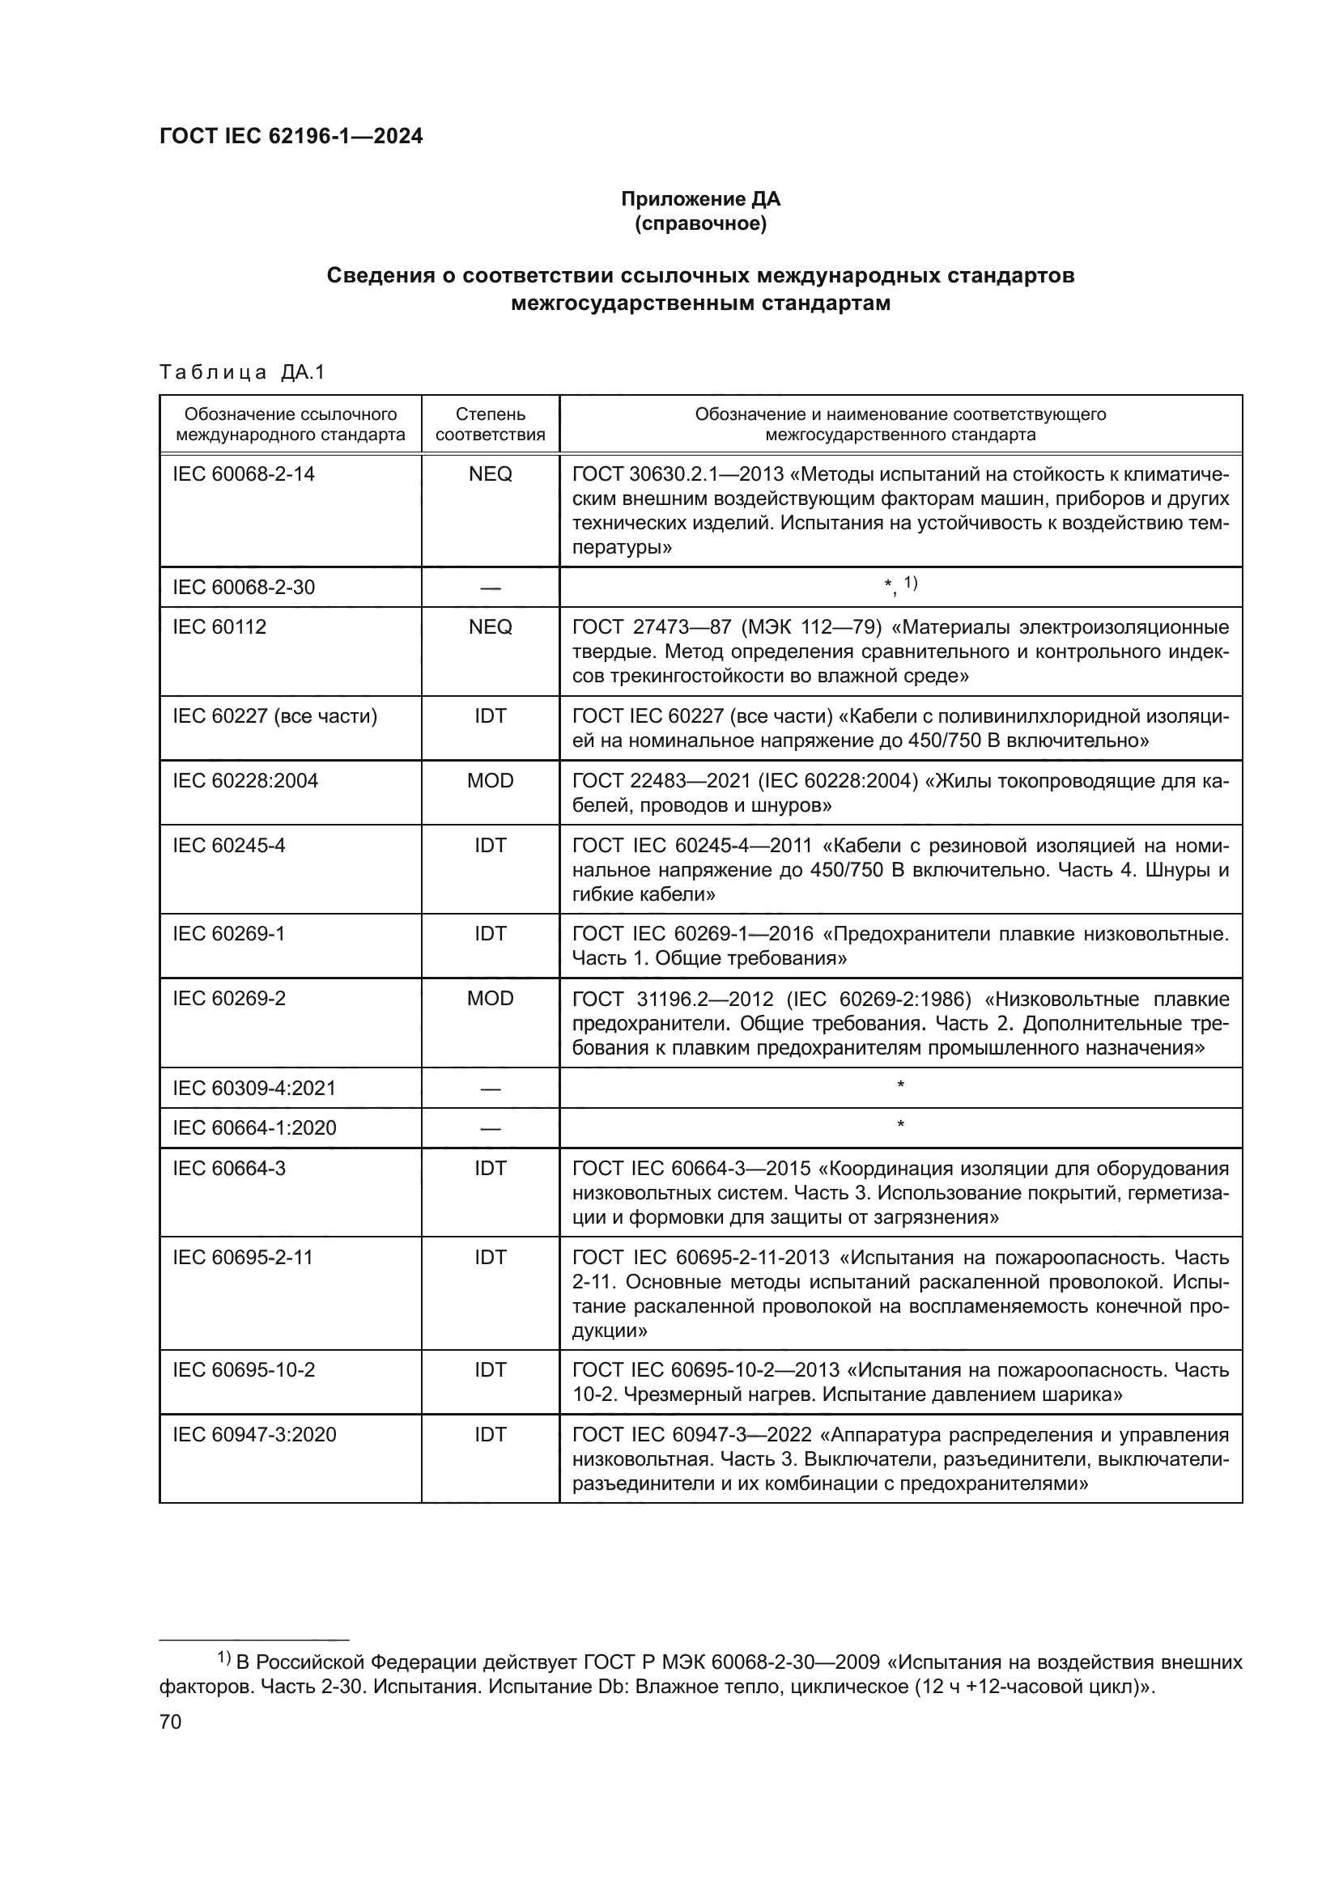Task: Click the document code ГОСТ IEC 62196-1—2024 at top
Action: coord(291,137)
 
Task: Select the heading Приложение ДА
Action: coord(700,199)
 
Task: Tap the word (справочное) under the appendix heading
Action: coord(700,223)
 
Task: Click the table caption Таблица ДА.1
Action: coord(242,372)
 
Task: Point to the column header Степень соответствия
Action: coord(490,424)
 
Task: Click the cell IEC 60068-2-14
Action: coord(243,474)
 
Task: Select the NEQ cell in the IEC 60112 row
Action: coord(490,626)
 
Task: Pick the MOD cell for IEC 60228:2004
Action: coord(490,780)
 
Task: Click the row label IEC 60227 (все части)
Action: coord(274,715)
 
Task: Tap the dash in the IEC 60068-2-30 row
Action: coord(490,588)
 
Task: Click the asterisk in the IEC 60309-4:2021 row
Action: coord(900,1085)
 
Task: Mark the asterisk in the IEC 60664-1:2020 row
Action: coord(900,1125)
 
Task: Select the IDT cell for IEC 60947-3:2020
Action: coord(490,1435)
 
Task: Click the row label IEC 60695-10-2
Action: coord(243,1369)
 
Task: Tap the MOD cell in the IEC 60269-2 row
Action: coord(490,999)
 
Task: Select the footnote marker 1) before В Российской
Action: coord(224,1657)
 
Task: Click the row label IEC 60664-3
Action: coord(228,1168)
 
